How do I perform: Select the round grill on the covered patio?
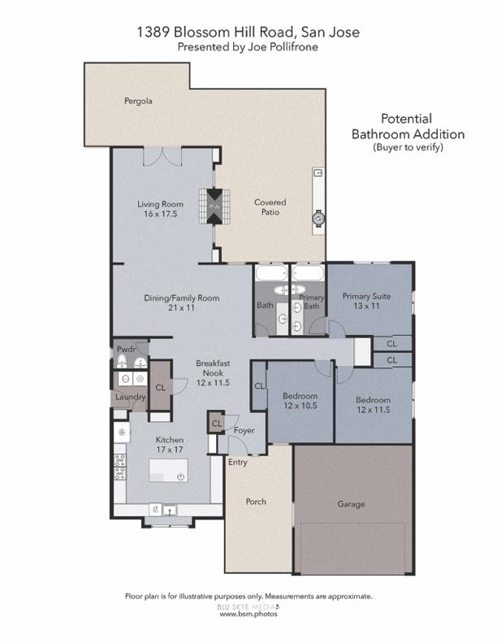tap(318, 218)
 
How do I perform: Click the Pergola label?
tap(138, 102)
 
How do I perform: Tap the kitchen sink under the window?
tap(171, 511)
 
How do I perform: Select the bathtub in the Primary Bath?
tap(309, 273)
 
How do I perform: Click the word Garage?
tap(351, 504)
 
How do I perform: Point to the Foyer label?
tap(244, 430)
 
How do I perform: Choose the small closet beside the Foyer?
tap(216, 424)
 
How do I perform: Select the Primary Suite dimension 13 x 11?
tap(366, 307)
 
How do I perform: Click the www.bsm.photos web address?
tap(248, 614)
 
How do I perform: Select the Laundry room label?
tap(130, 397)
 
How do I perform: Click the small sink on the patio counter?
tap(318, 173)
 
